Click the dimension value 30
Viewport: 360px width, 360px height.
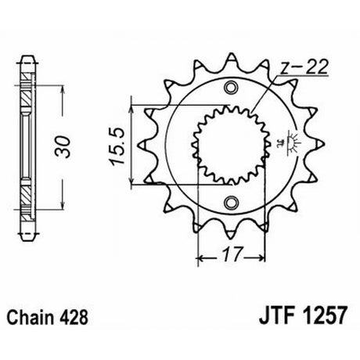pos(63,146)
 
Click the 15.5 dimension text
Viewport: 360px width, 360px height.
pos(117,146)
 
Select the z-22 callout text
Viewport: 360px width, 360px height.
pos(304,67)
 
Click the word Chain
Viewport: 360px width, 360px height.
pos(30,318)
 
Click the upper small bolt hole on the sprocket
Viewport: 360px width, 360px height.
pos(231,87)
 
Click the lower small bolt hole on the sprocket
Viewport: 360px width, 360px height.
pos(231,202)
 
